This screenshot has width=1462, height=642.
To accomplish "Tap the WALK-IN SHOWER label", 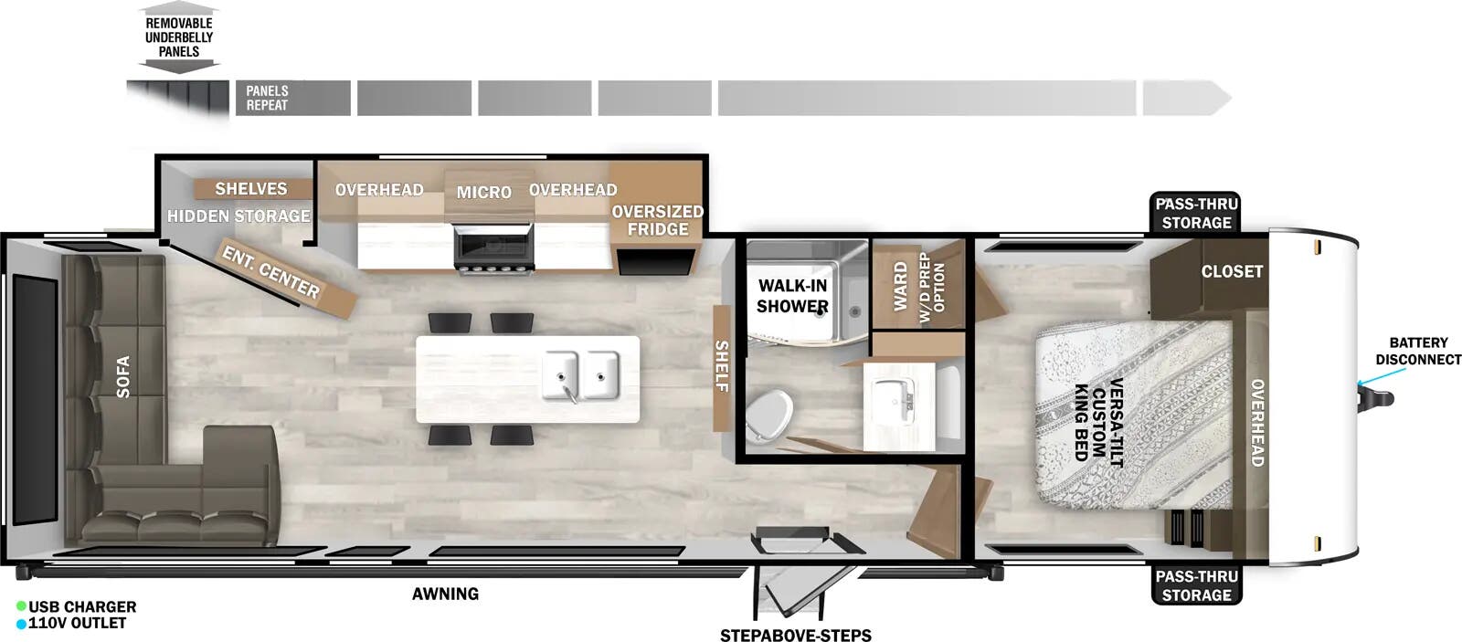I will pos(792,296).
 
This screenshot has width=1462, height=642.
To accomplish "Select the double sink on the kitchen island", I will pos(581,375).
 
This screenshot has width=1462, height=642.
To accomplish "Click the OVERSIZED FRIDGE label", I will pos(657,220).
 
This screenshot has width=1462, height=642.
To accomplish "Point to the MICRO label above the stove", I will pos(483,193).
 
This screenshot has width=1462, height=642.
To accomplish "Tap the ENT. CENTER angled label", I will pos(271,272).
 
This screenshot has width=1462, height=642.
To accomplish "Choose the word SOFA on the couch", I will pos(123,376).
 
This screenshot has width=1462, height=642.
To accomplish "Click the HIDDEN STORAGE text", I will pos(238,216).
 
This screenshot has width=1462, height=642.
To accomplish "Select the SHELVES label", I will pos(250,189).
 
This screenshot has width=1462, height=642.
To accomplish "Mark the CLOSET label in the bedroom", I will pos(1231,271).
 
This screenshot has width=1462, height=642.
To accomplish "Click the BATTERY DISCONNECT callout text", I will pos(1418,351).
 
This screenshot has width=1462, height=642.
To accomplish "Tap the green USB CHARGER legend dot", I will pos(21,606).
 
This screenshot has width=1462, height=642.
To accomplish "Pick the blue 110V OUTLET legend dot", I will pos(21,624).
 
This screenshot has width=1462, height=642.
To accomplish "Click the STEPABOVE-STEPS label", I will pos(795,635).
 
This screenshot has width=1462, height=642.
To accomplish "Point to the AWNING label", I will pos(445,594).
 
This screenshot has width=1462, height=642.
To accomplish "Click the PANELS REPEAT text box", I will pos(267,98).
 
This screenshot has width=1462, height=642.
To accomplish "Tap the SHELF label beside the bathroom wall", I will pos(722,366).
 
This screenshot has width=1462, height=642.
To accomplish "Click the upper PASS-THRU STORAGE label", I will pos(1196,214).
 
